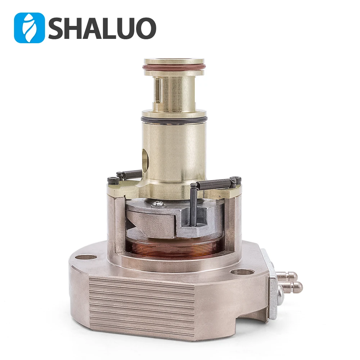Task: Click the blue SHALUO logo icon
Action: click(29, 28)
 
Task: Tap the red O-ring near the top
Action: click(174, 67)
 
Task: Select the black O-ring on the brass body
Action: click(174, 119)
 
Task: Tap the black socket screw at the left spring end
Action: click(113, 180)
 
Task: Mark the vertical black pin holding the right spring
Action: click(194, 205)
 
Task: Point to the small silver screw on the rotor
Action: click(159, 204)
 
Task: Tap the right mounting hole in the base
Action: click(242, 272)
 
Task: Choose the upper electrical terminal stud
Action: click(288, 276)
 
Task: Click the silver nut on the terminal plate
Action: click(280, 299)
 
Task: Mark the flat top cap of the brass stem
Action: click(174, 61)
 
